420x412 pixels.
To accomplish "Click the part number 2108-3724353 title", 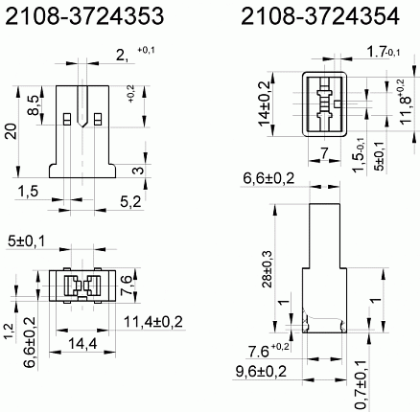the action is pyautogui.click(x=84, y=16).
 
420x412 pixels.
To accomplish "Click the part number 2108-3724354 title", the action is pyautogui.click(x=320, y=16).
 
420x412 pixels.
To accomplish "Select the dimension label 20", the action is pyautogui.click(x=12, y=131).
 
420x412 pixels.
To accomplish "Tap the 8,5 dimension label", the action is pyautogui.click(x=35, y=105).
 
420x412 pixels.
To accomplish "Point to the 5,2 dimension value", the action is pyautogui.click(x=130, y=201).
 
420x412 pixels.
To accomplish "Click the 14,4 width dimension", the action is pyautogui.click(x=82, y=344).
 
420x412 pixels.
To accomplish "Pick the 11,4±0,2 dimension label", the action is pyautogui.click(x=153, y=322).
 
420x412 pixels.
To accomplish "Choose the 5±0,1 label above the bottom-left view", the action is pyautogui.click(x=26, y=240).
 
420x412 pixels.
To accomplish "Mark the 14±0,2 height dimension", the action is pyautogui.click(x=265, y=103).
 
